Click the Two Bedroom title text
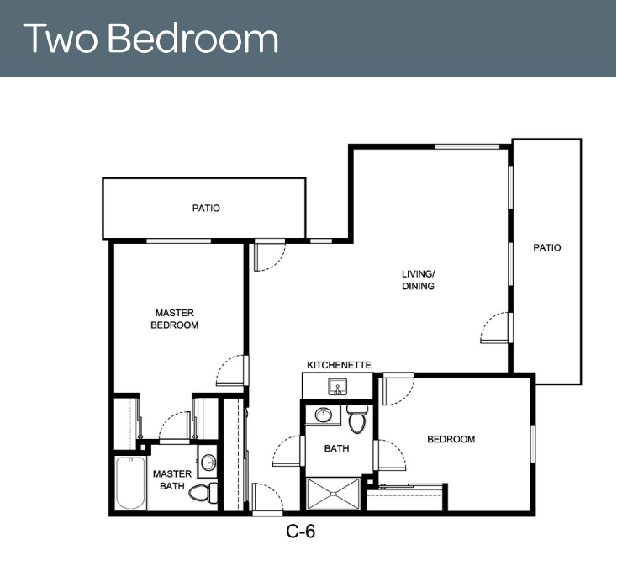click(x=150, y=38)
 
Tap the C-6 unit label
click(x=301, y=532)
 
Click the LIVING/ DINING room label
click(x=418, y=280)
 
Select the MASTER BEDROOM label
click(x=174, y=319)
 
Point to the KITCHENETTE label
click(x=339, y=365)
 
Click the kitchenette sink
click(x=338, y=387)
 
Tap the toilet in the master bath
click(x=203, y=493)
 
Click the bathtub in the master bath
click(x=129, y=483)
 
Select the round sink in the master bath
click(x=208, y=463)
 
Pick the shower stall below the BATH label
click(x=333, y=494)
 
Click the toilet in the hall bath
click(x=357, y=419)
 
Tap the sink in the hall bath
click(x=324, y=415)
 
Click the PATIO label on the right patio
click(x=547, y=247)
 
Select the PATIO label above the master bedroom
click(x=206, y=208)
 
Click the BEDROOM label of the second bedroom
click(x=451, y=439)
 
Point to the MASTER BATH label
click(x=172, y=480)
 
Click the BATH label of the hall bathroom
click(x=336, y=448)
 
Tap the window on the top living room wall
click(x=467, y=147)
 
